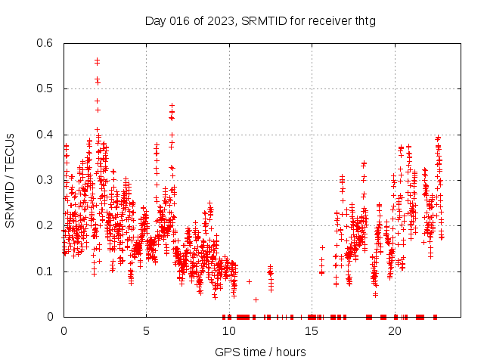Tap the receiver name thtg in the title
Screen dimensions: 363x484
click(x=363, y=20)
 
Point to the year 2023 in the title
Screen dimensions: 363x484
click(x=221, y=20)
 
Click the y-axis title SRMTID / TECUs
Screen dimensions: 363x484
click(x=10, y=180)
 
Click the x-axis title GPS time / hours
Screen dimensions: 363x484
click(x=260, y=352)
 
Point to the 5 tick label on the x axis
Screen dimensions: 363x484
click(x=146, y=330)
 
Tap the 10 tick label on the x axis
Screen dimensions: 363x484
click(x=229, y=330)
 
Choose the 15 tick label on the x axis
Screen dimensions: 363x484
click(x=312, y=330)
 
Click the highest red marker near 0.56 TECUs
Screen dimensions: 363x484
click(x=97, y=60)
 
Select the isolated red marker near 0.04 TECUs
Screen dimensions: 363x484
click(x=256, y=299)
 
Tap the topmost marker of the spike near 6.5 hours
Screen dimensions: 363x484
click(x=172, y=105)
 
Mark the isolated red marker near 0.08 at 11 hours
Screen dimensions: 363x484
click(x=249, y=281)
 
